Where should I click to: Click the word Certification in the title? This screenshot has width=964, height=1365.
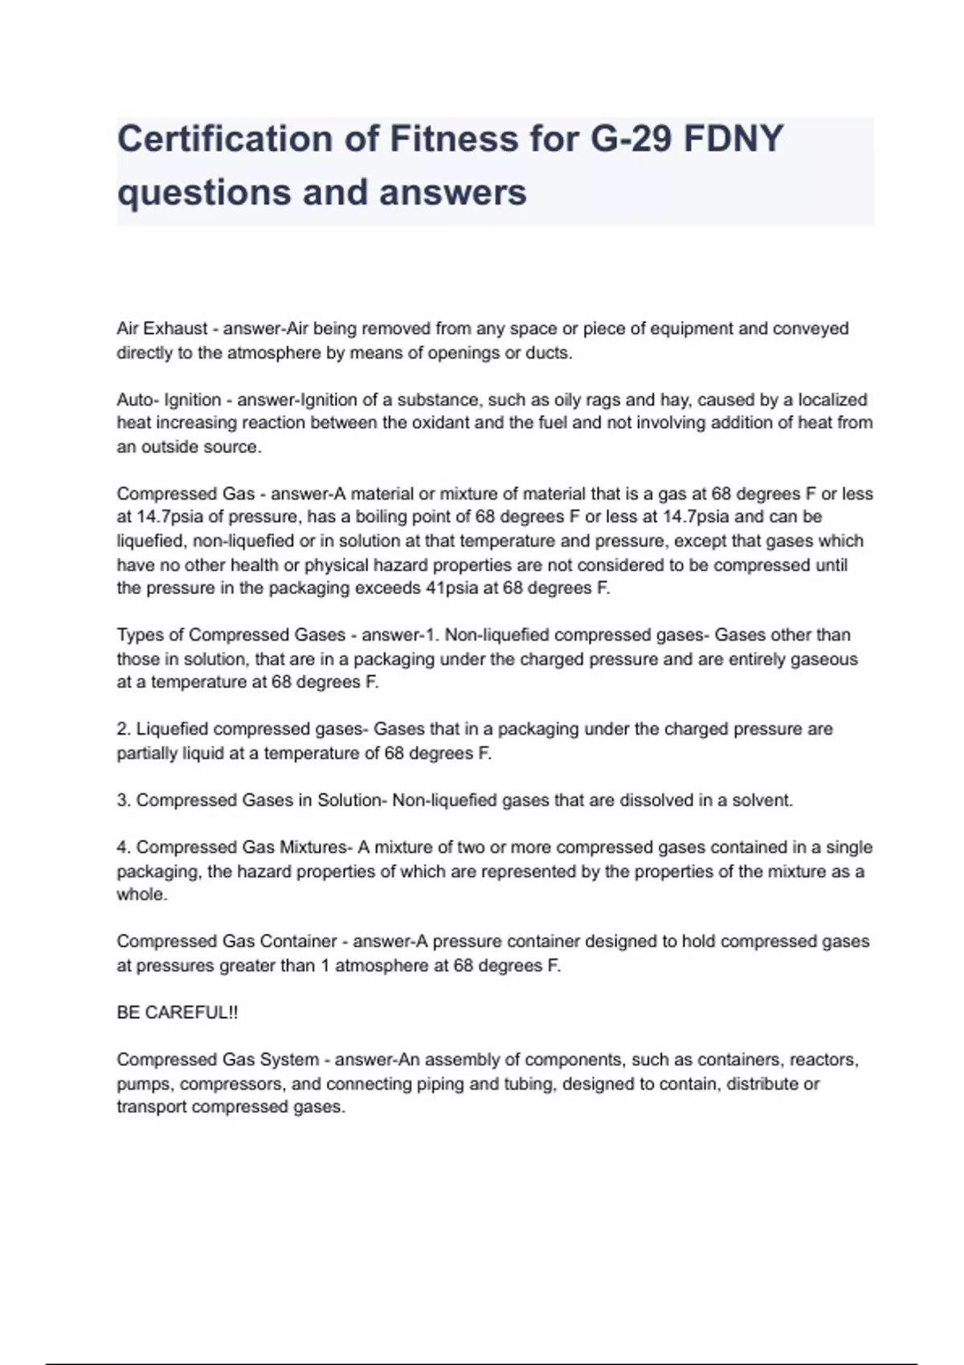point(226,139)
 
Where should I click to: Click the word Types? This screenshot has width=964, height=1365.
point(141,635)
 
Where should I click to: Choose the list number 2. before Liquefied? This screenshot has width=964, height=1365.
point(124,729)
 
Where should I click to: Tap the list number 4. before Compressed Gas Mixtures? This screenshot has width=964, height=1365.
point(124,847)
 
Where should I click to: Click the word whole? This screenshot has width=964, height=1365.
point(141,894)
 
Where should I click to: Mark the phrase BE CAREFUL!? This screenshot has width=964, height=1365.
point(178,1013)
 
